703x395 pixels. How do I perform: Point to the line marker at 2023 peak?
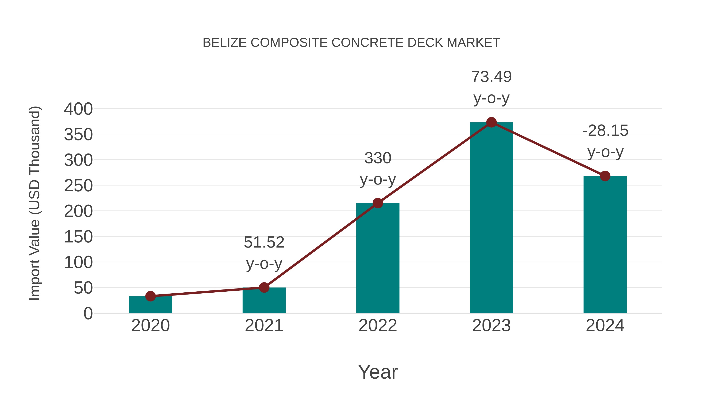point(491,122)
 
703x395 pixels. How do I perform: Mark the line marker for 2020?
point(150,296)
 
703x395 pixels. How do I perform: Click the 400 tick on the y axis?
point(78,109)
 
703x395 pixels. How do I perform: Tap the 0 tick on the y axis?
point(88,313)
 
